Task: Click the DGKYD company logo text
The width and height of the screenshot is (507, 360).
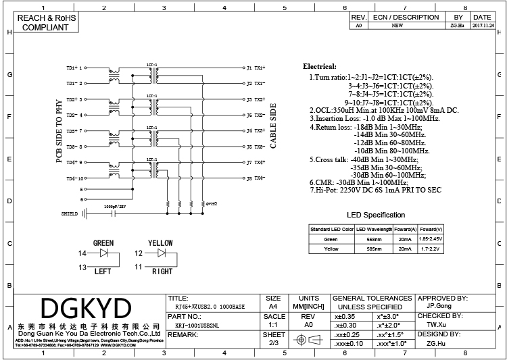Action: pyautogui.click(x=87, y=308)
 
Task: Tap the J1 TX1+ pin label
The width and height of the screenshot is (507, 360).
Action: pyautogui.click(x=256, y=68)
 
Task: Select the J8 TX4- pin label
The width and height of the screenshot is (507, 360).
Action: pyautogui.click(x=256, y=178)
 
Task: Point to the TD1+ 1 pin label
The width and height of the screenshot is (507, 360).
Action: pyautogui.click(x=74, y=68)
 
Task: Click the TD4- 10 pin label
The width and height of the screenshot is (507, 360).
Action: pyautogui.click(x=74, y=178)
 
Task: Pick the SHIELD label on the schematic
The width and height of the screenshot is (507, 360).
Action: pyautogui.click(x=70, y=213)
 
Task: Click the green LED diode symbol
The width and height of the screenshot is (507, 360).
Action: pyautogui.click(x=104, y=253)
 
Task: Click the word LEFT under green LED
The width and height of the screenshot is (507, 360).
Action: pyautogui.click(x=103, y=272)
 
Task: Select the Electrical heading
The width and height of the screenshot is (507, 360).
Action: pyautogui.click(x=319, y=67)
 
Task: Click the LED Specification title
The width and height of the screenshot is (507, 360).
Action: pyautogui.click(x=376, y=215)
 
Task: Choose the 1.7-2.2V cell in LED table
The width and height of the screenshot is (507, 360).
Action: pyautogui.click(x=431, y=249)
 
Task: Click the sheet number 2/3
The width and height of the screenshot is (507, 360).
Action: pyautogui.click(x=274, y=343)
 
